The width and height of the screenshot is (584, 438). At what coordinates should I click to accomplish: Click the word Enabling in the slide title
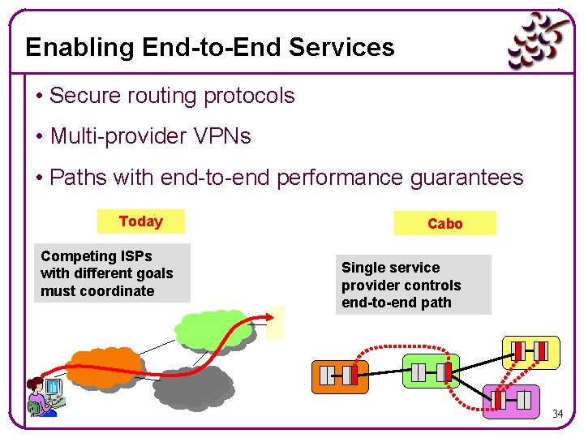(80, 47)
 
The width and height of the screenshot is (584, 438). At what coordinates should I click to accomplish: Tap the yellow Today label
(140, 221)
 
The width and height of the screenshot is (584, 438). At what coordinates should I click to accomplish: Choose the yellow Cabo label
(444, 224)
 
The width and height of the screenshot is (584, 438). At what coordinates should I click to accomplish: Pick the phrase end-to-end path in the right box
(396, 303)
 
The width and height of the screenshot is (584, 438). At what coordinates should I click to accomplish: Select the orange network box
(340, 376)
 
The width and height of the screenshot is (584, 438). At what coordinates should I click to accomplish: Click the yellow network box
(530, 351)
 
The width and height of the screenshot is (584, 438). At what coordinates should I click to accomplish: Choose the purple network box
(511, 399)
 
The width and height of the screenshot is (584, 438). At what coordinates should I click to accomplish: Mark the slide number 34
(557, 414)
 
